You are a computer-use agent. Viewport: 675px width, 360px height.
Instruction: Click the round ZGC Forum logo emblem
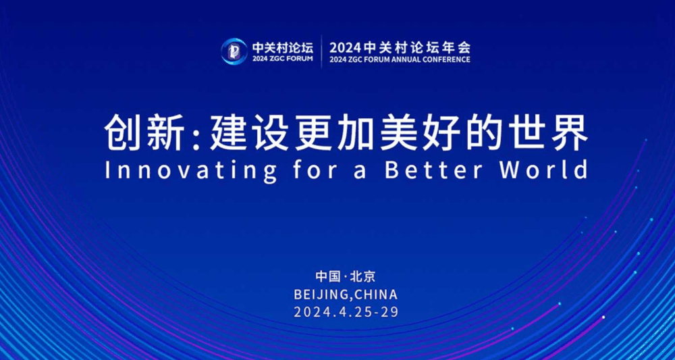click(234, 51)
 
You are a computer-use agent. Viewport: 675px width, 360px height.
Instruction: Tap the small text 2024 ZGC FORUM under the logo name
click(283, 59)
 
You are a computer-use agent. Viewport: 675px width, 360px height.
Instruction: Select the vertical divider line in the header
click(321, 51)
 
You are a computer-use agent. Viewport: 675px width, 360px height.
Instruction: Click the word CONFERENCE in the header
click(448, 59)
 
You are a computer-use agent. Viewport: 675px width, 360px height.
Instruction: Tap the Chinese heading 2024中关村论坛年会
click(400, 47)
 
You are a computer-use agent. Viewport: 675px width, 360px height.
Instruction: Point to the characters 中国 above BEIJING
click(327, 276)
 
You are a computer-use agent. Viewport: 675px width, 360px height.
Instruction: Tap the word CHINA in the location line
click(375, 295)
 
